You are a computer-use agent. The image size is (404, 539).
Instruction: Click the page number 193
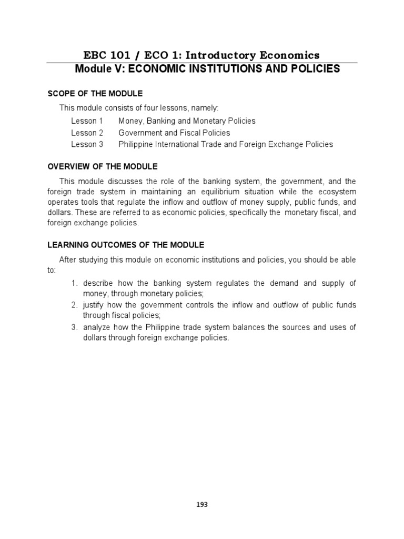[x=202, y=504]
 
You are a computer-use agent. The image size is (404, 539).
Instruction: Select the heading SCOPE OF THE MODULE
[x=95, y=94]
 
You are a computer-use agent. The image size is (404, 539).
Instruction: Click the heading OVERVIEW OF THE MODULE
[x=103, y=166]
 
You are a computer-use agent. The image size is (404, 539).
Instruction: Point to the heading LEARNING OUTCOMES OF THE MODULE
[x=126, y=245]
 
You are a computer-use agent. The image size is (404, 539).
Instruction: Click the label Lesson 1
[x=87, y=121]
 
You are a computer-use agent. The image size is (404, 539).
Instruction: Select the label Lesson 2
[x=87, y=133]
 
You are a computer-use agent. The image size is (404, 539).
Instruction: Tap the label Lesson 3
[x=87, y=144]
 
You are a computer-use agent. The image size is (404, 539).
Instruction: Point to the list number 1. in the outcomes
[x=75, y=283]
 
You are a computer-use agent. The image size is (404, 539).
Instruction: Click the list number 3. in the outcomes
[x=75, y=327]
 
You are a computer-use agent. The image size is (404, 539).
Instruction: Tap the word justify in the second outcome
[x=94, y=305]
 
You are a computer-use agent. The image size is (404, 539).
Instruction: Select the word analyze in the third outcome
[x=97, y=327]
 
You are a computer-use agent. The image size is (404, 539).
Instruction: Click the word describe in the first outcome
[x=99, y=283]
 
